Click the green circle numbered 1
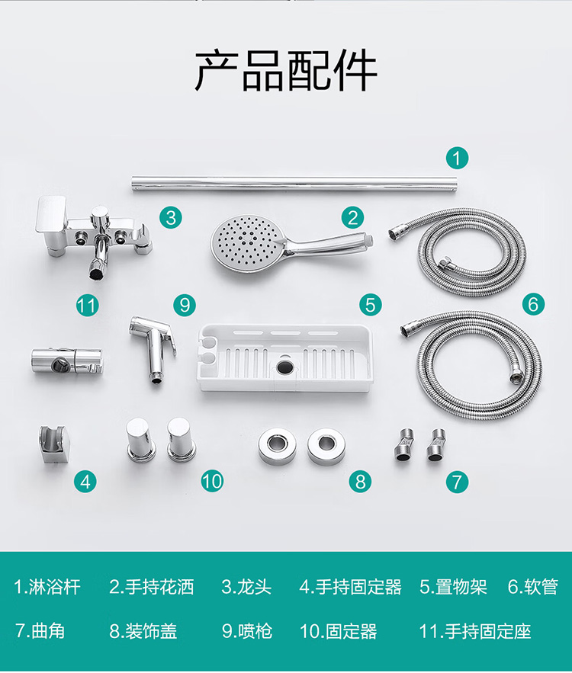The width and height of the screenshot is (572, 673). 457,158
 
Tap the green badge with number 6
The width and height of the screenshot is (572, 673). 533,304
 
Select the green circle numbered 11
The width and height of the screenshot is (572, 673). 87,306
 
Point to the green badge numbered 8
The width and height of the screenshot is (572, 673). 360,481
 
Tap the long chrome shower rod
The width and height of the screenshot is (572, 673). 294,184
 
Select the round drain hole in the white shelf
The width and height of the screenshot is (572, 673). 284,366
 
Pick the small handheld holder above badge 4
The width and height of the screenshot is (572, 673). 53,444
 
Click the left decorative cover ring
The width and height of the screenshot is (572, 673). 277,445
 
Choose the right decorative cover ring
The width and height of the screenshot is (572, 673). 326,445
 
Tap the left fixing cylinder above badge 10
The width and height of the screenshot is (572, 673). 141,440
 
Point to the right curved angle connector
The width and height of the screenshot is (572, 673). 436,445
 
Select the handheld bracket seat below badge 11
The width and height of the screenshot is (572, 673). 66,360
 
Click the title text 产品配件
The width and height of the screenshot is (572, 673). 286,69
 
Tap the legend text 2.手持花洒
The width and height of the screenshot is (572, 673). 152,587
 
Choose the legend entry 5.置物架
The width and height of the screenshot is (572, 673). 454,587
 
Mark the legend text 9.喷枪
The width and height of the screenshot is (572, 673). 247,631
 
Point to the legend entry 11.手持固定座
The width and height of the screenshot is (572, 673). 475,631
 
